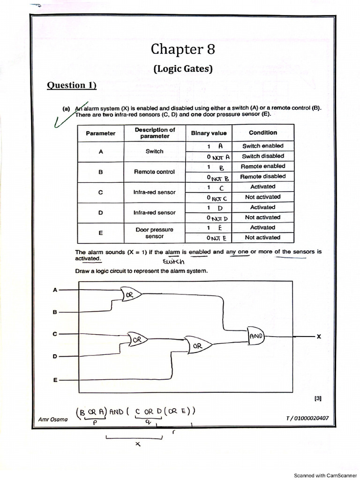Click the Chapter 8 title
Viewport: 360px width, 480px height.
(183, 49)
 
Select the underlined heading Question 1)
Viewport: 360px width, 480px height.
(72, 85)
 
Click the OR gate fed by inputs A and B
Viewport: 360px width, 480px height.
(130, 295)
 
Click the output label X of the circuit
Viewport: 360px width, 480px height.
(319, 337)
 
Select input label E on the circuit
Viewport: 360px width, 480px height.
(55, 380)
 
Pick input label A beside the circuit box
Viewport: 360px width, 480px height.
(55, 290)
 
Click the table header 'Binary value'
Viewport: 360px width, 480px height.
(209, 133)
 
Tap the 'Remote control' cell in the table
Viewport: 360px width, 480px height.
(154, 172)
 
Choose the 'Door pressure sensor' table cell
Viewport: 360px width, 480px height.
(154, 233)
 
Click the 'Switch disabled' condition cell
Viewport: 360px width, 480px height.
(262, 156)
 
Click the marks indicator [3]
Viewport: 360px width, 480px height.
(318, 399)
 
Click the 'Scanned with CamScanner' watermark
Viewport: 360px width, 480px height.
(325, 475)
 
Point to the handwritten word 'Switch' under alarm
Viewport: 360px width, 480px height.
(174, 262)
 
